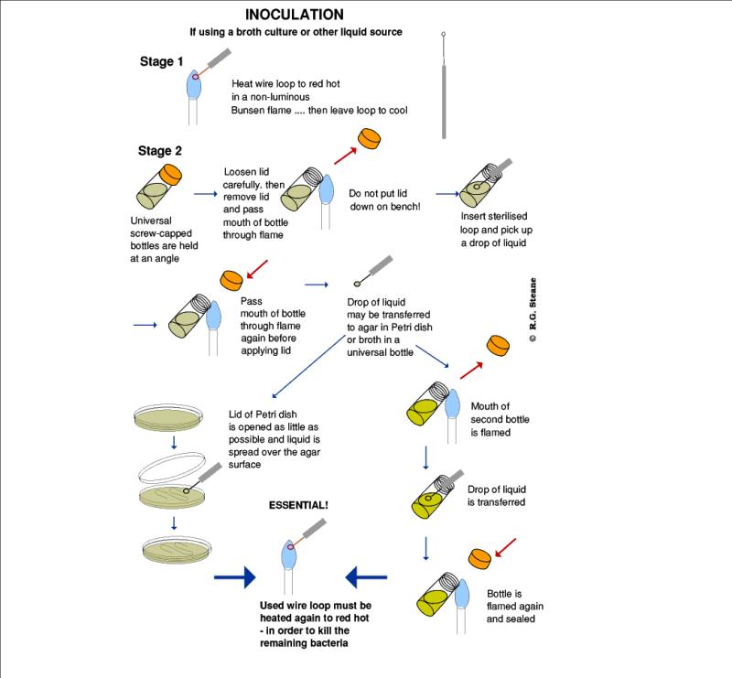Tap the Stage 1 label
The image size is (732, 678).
160,62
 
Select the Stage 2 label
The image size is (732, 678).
160,151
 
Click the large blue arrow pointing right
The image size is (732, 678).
234,576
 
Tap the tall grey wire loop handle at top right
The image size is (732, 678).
443,91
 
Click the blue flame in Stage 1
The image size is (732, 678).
193,84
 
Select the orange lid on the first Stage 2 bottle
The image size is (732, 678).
171,174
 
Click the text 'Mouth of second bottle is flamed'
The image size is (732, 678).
501,420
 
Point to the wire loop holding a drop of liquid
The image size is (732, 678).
369,275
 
